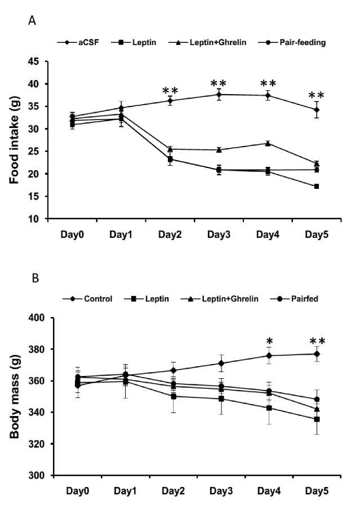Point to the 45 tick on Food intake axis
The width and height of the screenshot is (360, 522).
[39, 61]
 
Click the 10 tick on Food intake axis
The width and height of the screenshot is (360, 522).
[39, 219]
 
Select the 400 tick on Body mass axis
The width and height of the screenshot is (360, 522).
[37, 318]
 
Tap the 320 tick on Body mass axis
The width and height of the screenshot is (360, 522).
[37, 444]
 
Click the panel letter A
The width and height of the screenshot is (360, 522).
[32, 21]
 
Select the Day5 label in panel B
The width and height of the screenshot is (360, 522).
[317, 490]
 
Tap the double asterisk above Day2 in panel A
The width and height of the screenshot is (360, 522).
[170, 91]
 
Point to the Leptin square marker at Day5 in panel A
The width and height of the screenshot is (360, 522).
[317, 186]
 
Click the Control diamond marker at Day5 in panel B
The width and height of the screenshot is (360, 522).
[317, 354]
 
